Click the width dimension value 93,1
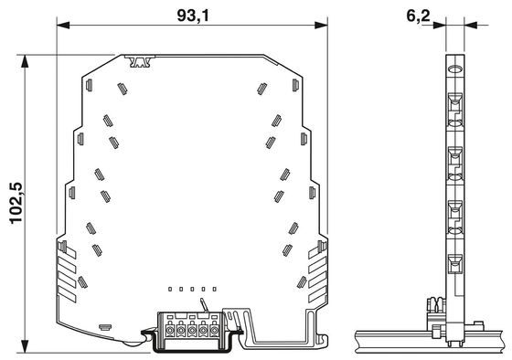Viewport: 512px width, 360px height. point(193,16)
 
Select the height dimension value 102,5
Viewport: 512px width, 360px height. point(16,203)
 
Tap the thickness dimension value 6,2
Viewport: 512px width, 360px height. point(418,16)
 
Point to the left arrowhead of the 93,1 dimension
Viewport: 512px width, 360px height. point(63,26)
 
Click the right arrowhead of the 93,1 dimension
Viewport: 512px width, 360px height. point(321,26)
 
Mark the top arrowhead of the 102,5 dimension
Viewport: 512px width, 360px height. point(25,61)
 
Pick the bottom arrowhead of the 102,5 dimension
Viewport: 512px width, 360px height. point(25,346)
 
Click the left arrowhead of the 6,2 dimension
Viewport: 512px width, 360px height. point(439,26)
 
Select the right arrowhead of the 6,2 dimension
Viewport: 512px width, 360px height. point(471,26)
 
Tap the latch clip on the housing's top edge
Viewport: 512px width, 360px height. point(141,61)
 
